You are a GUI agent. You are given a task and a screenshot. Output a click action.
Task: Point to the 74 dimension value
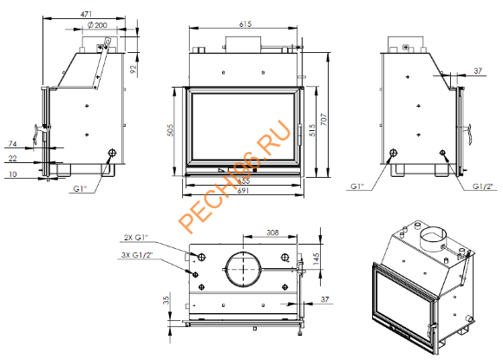click(x=12, y=143)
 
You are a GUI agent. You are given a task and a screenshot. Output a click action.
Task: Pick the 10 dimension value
click(x=12, y=173)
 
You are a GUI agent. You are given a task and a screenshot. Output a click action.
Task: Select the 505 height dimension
click(x=172, y=129)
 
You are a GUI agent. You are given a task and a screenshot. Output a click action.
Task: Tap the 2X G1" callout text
click(x=138, y=237)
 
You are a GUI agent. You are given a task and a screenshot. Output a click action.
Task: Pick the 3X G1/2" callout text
click(x=140, y=254)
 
